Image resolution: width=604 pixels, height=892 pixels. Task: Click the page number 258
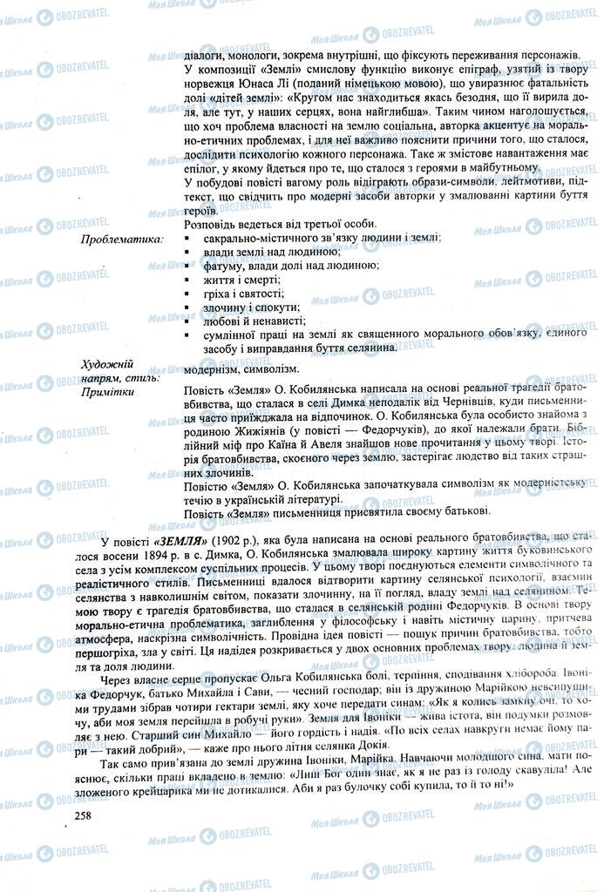pyautogui.click(x=85, y=814)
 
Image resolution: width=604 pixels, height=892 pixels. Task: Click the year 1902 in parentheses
pyautogui.click(x=235, y=539)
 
